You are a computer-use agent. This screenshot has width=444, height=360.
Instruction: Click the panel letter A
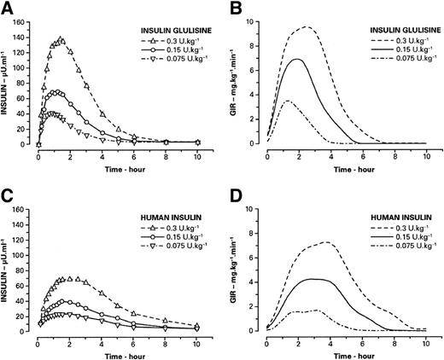pyautogui.click(x=7, y=8)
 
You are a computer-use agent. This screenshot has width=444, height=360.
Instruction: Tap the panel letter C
pyautogui.click(x=7, y=194)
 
